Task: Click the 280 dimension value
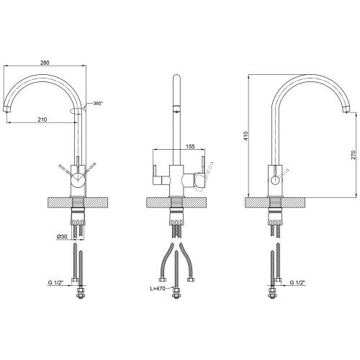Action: [45, 63]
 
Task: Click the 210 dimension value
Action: [42, 120]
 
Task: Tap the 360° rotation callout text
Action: [98, 104]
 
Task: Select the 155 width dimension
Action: [190, 146]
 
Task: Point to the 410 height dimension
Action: [246, 136]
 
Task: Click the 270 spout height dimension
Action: [353, 155]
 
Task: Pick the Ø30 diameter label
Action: [62, 237]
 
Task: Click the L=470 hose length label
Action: [158, 289]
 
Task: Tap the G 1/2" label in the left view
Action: [55, 282]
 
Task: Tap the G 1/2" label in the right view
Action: [297, 282]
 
